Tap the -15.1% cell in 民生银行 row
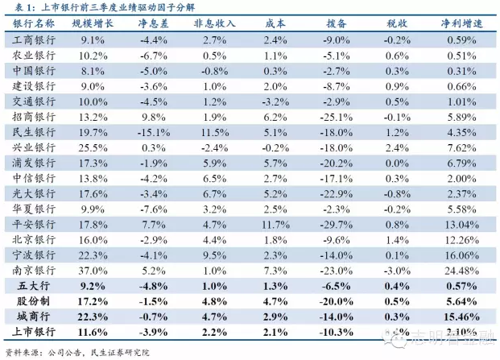(152, 132)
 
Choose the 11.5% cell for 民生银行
(213, 132)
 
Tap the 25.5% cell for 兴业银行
(93, 147)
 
